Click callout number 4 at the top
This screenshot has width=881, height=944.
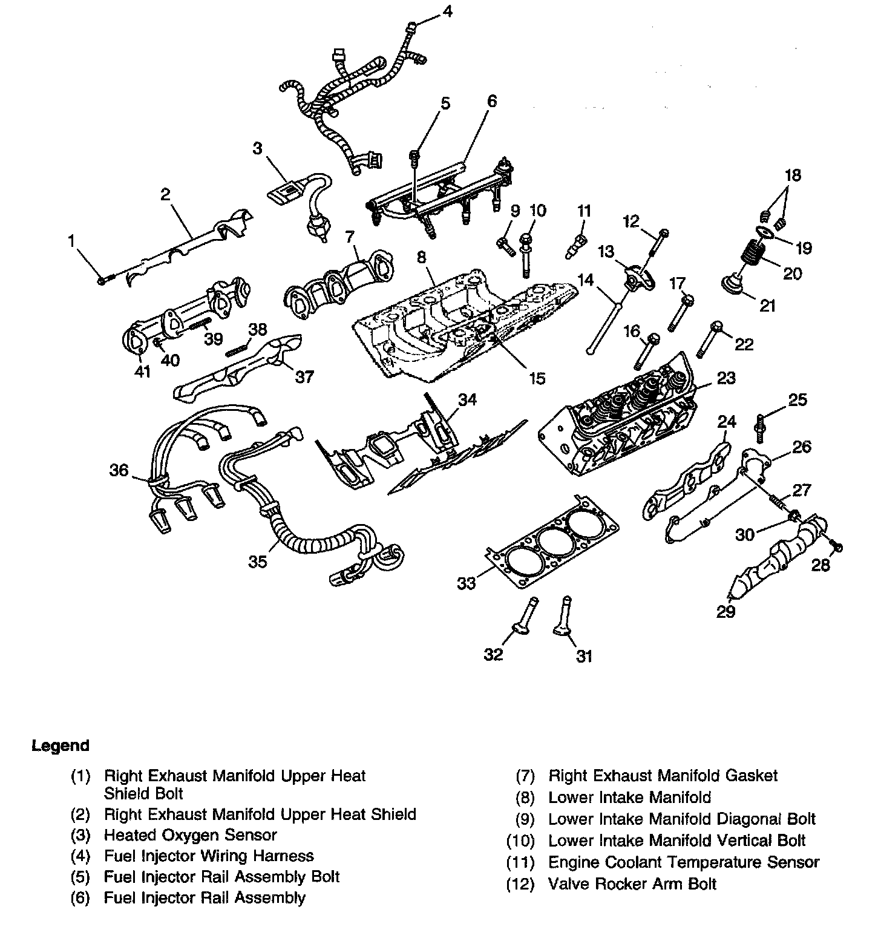(447, 11)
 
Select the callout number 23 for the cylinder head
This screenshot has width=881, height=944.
(726, 378)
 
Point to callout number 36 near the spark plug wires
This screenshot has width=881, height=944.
(119, 470)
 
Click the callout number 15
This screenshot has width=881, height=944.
(537, 379)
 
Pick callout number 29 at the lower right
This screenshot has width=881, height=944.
(725, 612)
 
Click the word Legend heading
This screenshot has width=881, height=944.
(61, 746)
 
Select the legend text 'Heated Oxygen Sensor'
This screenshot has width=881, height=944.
(190, 835)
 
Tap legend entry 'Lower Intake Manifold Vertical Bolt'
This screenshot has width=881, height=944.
(676, 841)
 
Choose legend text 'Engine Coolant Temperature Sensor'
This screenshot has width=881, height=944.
(684, 862)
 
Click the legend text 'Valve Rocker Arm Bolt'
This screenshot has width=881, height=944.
(632, 883)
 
